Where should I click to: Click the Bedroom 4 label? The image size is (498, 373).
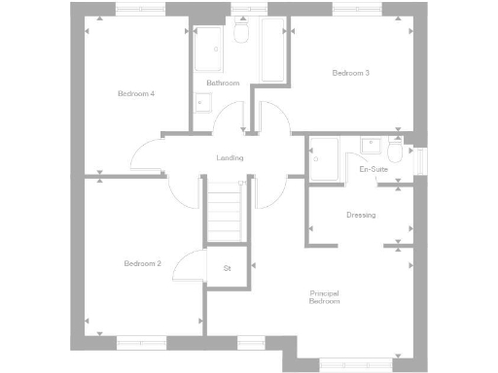136,93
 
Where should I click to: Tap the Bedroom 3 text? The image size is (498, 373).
351,73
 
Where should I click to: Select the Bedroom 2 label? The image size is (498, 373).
142,263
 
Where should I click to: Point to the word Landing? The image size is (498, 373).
230,158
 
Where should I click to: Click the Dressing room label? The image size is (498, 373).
361,215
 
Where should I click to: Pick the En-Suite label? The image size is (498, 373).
373,170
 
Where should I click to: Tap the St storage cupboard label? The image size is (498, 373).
228,267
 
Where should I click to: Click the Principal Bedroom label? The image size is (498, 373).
325,297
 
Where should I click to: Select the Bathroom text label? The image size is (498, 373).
223,84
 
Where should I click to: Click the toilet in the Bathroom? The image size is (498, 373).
242,34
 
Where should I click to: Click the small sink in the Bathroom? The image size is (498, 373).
203,101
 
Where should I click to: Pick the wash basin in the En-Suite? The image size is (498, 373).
371,146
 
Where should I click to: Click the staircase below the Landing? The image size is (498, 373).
226,216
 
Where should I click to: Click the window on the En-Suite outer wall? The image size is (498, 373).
421,160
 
